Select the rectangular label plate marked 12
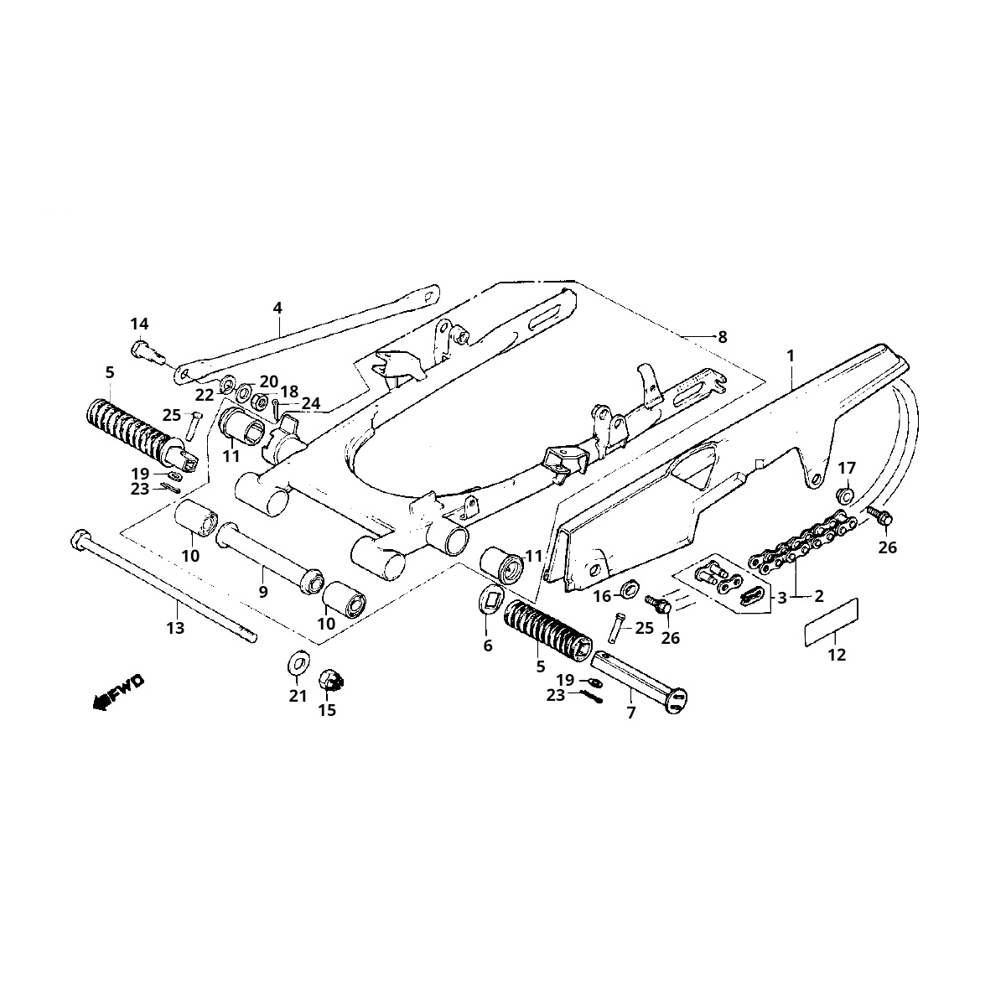[832, 621]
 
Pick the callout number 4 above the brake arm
[277, 308]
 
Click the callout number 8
[722, 337]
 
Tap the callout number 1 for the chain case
[789, 355]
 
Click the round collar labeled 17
[847, 495]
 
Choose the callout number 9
[262, 592]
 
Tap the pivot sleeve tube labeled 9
[268, 557]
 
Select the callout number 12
[837, 655]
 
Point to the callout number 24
[310, 403]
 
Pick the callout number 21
[298, 696]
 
